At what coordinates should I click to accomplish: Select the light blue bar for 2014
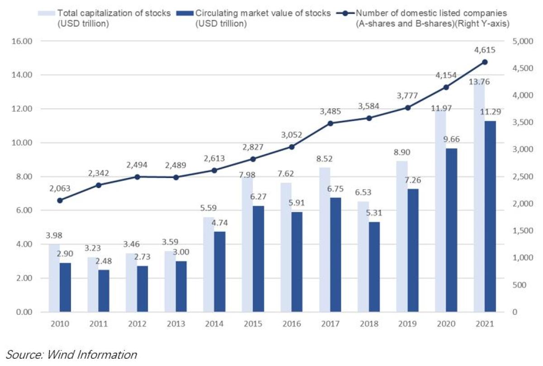tap(208, 265)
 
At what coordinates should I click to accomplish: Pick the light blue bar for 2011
tap(93, 284)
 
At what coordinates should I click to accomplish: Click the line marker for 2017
tap(330, 123)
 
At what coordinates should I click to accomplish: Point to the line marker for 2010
tap(60, 200)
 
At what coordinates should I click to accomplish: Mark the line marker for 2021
tap(485, 62)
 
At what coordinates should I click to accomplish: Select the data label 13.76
tap(479, 82)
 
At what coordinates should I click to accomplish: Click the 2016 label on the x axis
tap(291, 324)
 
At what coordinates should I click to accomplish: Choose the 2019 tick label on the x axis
tap(407, 324)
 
